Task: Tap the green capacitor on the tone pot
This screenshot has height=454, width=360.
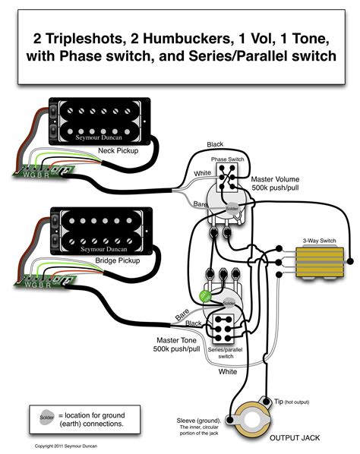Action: [x=204, y=295]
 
